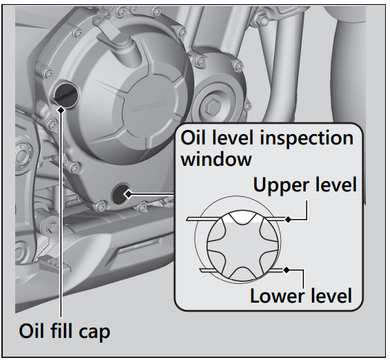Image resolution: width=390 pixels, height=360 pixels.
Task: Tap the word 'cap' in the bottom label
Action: point(94,332)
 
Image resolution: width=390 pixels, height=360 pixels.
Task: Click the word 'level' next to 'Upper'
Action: point(334,185)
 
